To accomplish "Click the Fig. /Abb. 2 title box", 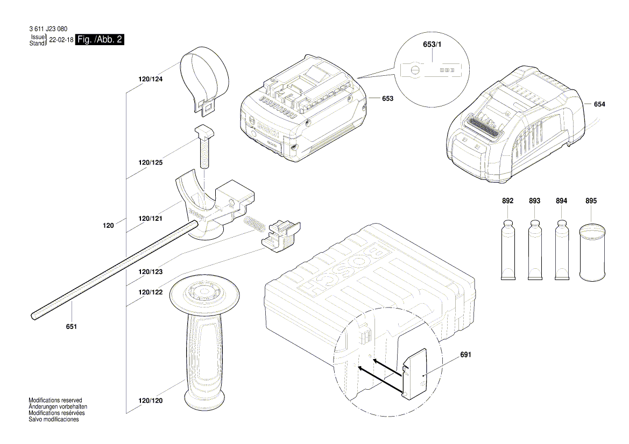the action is coord(100,39).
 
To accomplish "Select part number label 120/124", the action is coord(151,79).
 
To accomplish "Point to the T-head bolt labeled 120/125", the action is coord(203,147).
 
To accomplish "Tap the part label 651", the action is coord(72,327).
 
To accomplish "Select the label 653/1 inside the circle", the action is coord(432,45).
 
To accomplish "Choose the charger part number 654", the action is coord(599,104).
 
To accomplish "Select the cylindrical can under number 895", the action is coord(592,253).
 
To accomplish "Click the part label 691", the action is coord(466,355).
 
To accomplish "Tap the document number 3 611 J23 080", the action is coord(48,29).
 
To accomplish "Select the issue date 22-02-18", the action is coord(61,40).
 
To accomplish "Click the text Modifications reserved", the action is coord(55,400).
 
